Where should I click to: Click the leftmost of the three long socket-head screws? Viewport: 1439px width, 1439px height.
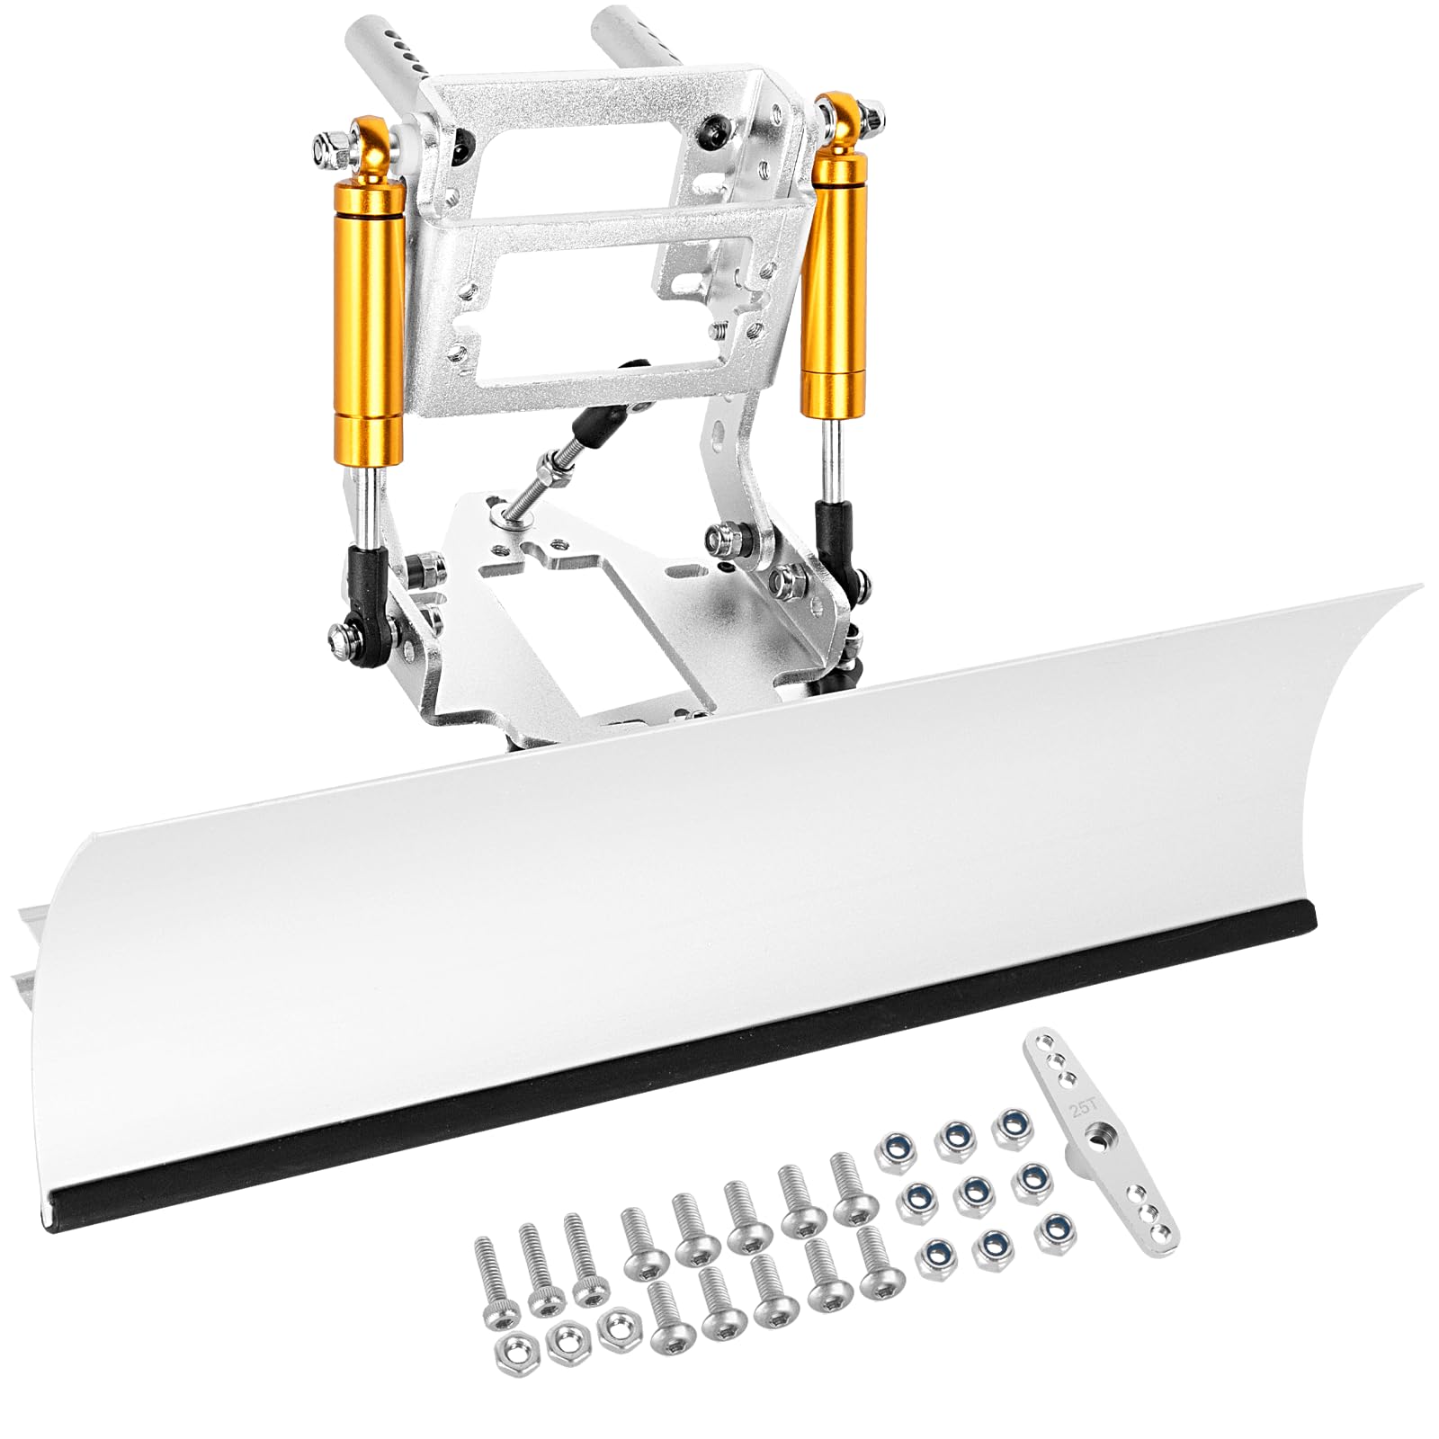489,1276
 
